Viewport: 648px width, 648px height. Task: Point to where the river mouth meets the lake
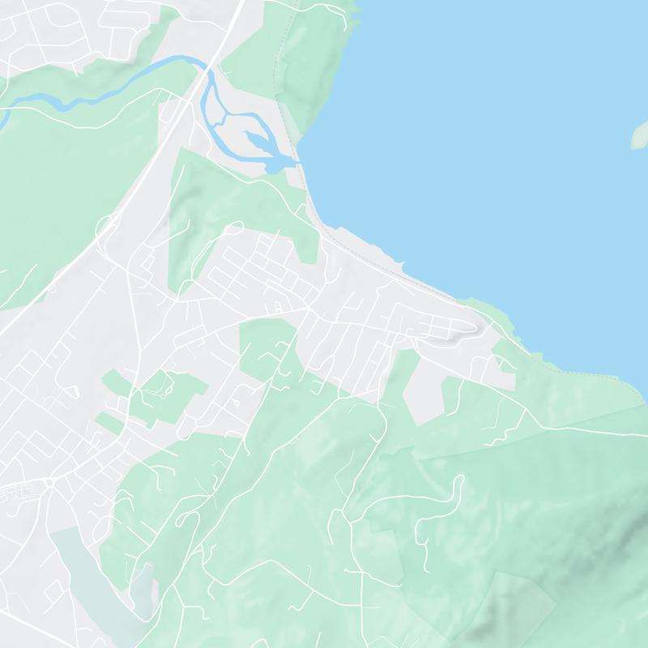[x=296, y=164]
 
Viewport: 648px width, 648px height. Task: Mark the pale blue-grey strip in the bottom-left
[x=89, y=575]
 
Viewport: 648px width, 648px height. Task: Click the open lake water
[x=486, y=122]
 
